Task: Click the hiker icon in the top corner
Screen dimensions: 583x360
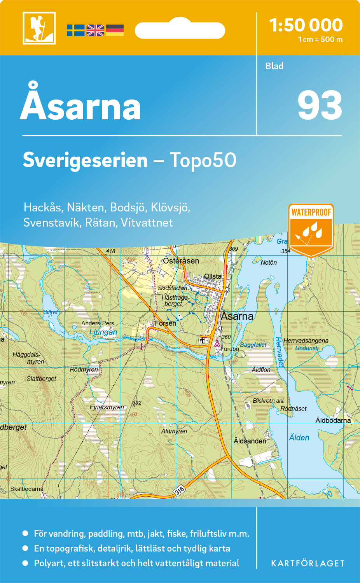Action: [39, 28]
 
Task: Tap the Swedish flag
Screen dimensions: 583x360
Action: [75, 30]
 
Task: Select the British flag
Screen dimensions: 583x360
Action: [95, 30]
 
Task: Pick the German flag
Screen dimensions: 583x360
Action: [115, 30]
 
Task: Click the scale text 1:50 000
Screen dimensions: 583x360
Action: [306, 25]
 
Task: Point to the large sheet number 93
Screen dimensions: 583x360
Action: [320, 106]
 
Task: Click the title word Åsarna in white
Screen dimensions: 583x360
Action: [80, 104]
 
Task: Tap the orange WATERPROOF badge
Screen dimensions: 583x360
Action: [311, 229]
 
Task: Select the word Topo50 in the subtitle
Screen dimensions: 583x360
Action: [203, 160]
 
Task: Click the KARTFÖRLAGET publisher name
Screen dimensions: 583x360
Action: [308, 563]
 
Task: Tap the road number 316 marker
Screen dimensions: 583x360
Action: [179, 490]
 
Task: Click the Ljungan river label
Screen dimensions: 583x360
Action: [103, 332]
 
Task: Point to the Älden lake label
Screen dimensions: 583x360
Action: [299, 438]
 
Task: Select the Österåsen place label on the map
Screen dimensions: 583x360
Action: [181, 261]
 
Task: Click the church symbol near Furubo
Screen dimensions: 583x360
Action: [202, 340]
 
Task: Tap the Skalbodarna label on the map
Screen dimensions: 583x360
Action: [27, 489]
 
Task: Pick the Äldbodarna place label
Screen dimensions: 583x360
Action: [333, 420]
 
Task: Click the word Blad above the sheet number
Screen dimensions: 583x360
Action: [274, 66]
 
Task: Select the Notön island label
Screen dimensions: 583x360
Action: [269, 262]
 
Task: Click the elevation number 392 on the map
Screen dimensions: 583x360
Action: [137, 403]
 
